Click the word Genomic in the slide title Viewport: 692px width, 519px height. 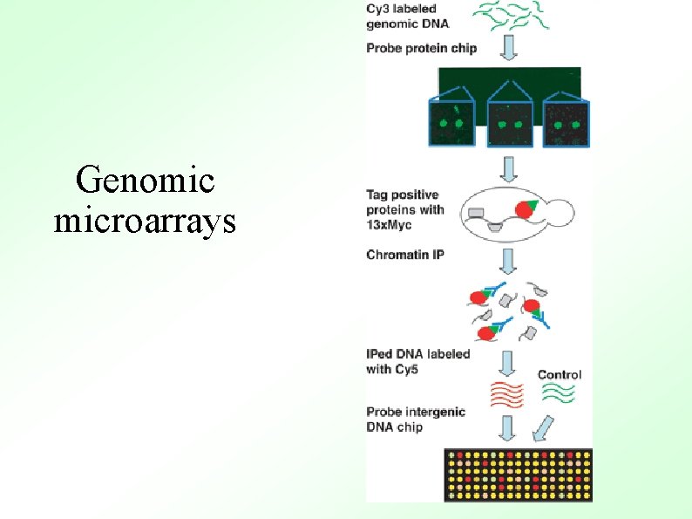click(145, 181)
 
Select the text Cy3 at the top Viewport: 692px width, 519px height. click(378, 9)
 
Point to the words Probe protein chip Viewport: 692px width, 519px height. click(422, 49)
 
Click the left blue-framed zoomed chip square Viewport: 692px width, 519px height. click(451, 123)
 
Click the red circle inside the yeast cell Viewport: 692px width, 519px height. click(526, 209)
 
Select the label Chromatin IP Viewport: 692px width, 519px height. click(405, 256)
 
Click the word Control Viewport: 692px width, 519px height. click(560, 375)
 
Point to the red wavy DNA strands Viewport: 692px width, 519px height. click(507, 394)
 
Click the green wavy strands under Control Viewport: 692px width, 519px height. click(559, 393)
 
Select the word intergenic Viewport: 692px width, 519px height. click(435, 412)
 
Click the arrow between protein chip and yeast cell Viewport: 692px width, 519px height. click(509, 166)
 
